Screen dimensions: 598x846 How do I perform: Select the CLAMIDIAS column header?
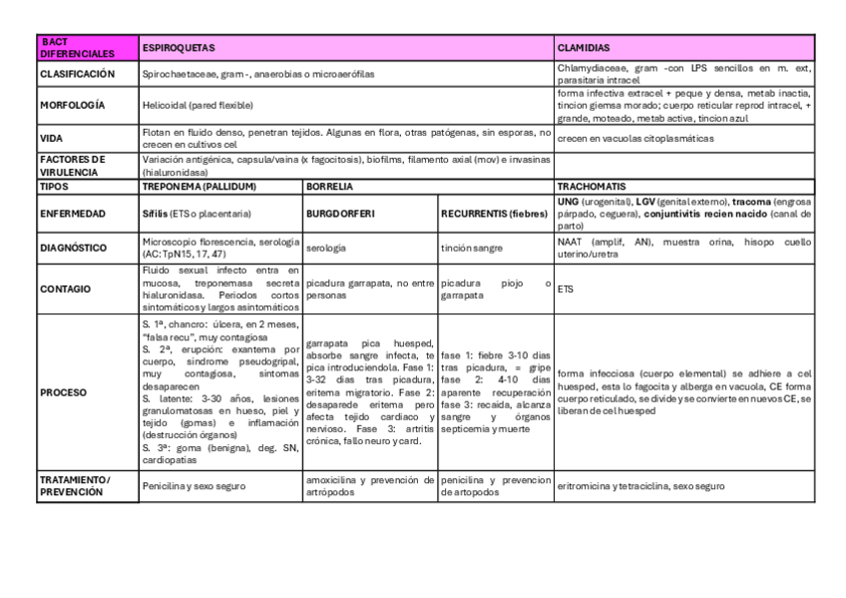pyautogui.click(x=584, y=47)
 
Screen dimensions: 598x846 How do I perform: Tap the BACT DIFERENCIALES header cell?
pyautogui.click(x=78, y=47)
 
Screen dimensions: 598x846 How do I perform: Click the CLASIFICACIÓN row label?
pyautogui.click(x=78, y=74)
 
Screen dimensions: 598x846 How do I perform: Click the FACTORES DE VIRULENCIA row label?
pyautogui.click(x=73, y=164)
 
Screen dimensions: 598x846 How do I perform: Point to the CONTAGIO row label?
pyautogui.click(x=66, y=289)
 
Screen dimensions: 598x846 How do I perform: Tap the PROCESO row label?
pyautogui.click(x=63, y=392)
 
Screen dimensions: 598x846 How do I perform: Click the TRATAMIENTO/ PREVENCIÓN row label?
pyautogui.click(x=76, y=485)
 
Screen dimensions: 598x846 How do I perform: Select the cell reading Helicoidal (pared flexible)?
pyautogui.click(x=198, y=104)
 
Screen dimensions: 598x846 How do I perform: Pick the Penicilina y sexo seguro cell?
pyautogui.click(x=196, y=486)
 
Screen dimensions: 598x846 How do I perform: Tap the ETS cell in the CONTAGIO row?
pyautogui.click(x=566, y=289)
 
